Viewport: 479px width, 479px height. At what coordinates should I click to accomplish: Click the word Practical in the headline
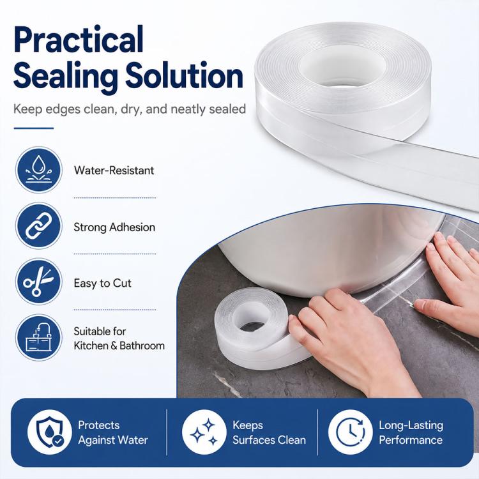78,40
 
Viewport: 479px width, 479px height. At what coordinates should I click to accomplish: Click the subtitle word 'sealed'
227,109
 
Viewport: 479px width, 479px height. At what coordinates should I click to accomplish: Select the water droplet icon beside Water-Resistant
39,170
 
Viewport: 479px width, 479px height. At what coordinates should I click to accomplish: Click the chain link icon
39,225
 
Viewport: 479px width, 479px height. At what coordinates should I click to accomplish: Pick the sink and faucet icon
39,338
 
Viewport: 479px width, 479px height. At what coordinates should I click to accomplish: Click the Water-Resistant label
114,170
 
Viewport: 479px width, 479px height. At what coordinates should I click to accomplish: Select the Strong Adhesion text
114,227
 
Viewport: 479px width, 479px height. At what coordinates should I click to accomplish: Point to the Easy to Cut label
103,283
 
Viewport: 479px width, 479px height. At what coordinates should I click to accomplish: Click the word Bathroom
142,346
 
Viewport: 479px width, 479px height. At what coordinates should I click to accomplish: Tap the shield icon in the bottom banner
50,432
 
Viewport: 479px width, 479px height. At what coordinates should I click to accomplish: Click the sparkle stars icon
204,432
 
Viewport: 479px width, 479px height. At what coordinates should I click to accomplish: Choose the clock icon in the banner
351,432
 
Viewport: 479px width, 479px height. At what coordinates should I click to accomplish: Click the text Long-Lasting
411,425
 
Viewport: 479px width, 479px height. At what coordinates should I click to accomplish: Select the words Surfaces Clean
269,440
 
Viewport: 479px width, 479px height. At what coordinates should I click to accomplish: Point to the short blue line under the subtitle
34,128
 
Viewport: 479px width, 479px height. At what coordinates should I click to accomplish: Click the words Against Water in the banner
113,440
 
